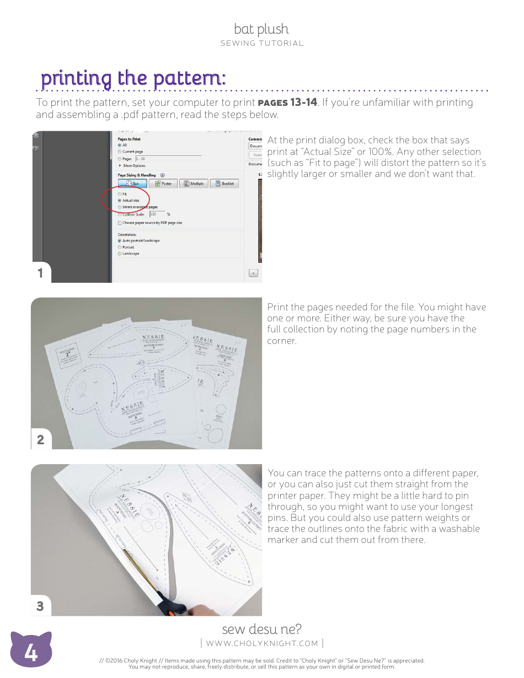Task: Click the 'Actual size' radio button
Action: click(x=120, y=201)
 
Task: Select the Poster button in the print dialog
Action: click(x=163, y=184)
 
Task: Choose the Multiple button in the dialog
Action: click(x=194, y=184)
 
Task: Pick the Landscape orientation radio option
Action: click(x=120, y=254)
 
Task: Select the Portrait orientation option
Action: click(x=120, y=247)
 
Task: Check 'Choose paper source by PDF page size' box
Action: click(x=120, y=223)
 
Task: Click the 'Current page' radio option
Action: click(x=120, y=152)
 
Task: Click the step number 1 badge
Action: click(x=40, y=273)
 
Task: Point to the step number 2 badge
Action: click(x=40, y=440)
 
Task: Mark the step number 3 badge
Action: click(x=40, y=606)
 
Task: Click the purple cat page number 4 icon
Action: click(x=31, y=654)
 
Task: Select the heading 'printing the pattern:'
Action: click(x=133, y=78)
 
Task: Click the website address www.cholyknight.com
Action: click(x=262, y=643)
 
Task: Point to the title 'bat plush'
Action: click(x=261, y=29)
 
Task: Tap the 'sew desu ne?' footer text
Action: click(x=261, y=629)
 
